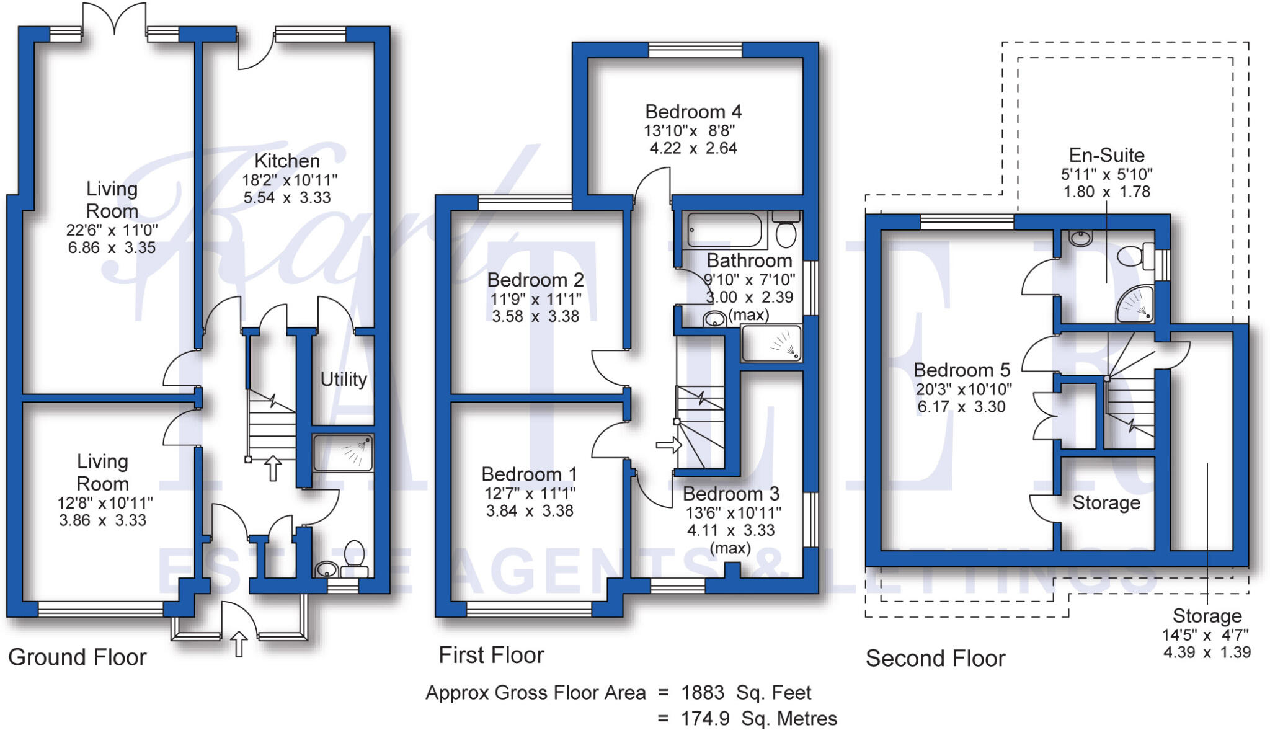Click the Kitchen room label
click(x=287, y=161)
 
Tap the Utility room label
click(x=344, y=379)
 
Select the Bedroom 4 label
click(x=693, y=112)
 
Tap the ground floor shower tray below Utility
click(x=343, y=453)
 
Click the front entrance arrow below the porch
click(x=239, y=643)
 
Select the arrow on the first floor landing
click(x=668, y=445)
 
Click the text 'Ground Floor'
click(x=78, y=657)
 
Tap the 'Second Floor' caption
click(x=935, y=659)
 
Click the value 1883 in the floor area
click(x=703, y=692)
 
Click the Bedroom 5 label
click(x=962, y=370)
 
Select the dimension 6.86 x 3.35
click(x=112, y=248)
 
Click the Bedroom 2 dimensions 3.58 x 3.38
click(x=535, y=316)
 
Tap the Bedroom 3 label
click(x=730, y=494)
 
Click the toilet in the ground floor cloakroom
click(x=354, y=555)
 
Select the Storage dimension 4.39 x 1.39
click(x=1206, y=652)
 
